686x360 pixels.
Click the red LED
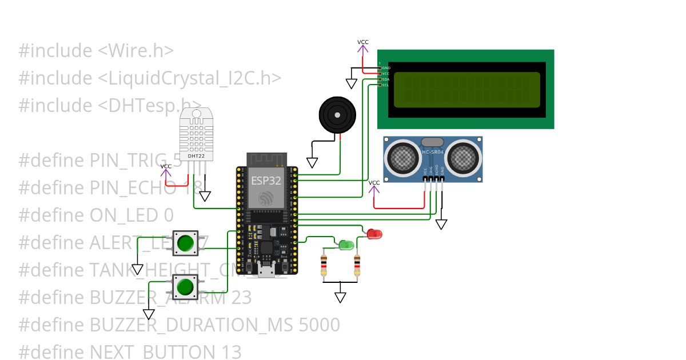[374, 233]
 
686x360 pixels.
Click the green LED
[346, 245]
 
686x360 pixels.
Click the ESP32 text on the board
[266, 181]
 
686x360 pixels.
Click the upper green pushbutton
[185, 243]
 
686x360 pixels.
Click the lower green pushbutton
[185, 287]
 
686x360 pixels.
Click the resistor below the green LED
[324, 266]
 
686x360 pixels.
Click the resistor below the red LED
[357, 266]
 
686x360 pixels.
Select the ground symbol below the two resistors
[341, 297]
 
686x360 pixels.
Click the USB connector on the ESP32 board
[265, 271]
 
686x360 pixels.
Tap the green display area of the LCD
[466, 89]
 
